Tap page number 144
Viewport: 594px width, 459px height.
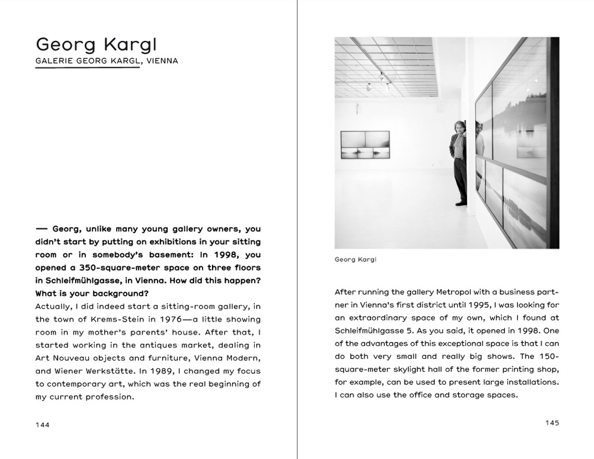coord(42,425)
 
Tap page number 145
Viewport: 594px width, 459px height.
coord(552,423)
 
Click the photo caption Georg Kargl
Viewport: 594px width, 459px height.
coord(355,259)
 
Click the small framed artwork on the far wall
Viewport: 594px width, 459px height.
coord(365,145)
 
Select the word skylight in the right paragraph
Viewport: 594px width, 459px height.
coord(410,369)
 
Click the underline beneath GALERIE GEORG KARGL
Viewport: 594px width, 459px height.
coord(87,67)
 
